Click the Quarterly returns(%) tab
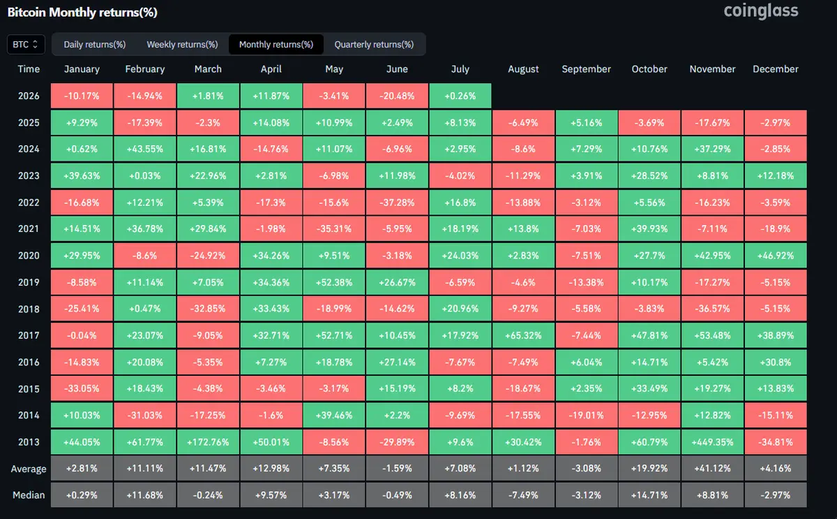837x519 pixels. pos(374,45)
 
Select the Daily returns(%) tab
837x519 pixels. pos(95,45)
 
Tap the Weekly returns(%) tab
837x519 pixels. pos(182,45)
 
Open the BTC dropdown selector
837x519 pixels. pos(26,45)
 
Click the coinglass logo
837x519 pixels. pos(761,11)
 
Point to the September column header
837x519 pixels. pos(587,69)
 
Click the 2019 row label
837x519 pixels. pos(29,282)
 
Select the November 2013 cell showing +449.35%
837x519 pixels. pos(712,442)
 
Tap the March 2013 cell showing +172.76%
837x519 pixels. pos(208,442)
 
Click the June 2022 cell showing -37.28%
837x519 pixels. pos(397,203)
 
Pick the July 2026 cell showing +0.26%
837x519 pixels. pos(460,96)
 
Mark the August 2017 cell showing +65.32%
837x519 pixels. pos(523,335)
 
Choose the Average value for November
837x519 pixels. pos(712,468)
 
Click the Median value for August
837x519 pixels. pos(523,495)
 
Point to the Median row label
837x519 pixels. pos(29,495)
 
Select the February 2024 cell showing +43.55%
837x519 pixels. pos(144,149)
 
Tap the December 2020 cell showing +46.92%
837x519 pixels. pos(776,256)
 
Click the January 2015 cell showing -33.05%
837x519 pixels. pos(82,388)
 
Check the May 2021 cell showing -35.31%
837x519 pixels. pos(333,228)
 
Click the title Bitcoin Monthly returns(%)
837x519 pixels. pos(82,13)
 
